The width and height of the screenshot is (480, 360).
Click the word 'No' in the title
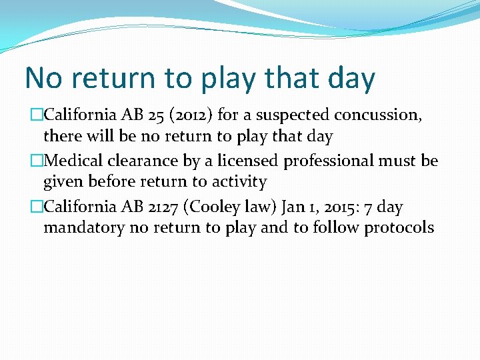point(45,78)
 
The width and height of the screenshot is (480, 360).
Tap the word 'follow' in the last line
point(338,228)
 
